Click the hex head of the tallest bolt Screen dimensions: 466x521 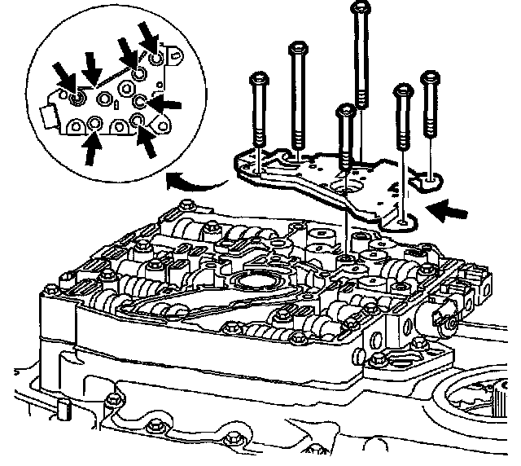(x=359, y=9)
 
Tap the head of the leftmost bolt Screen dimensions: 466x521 (x=258, y=79)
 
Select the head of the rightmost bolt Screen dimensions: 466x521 (x=430, y=78)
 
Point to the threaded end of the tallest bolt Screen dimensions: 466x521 (x=359, y=98)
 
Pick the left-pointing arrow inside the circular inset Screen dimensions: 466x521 (x=166, y=104)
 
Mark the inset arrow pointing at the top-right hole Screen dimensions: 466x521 (x=149, y=36)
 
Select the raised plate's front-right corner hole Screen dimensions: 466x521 (x=404, y=219)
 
